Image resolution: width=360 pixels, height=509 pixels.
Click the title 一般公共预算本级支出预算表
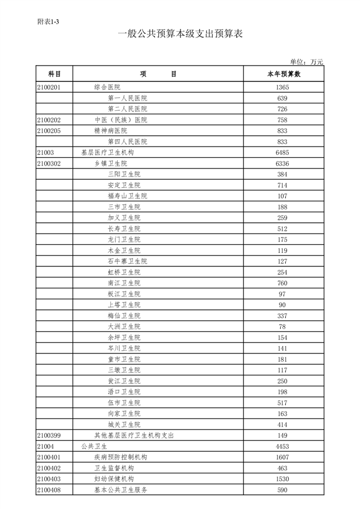coord(180,34)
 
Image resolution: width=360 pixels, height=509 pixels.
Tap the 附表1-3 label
coord(48,21)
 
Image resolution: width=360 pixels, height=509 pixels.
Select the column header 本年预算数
coord(283,74)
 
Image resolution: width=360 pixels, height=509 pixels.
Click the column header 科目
coord(54,74)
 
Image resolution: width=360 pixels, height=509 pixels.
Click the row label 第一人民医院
coord(127,98)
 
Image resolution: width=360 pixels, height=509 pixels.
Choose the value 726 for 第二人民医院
coord(283,109)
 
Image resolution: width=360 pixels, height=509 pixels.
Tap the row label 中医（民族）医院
coord(121,120)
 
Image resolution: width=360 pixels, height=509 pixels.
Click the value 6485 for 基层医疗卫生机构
coord(283,153)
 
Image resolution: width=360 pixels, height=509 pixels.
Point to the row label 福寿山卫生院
coord(127,196)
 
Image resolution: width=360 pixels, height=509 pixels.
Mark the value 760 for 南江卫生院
coord(283,283)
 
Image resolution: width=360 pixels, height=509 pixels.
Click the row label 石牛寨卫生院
coord(127,261)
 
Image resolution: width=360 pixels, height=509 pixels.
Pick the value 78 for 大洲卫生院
coord(283,327)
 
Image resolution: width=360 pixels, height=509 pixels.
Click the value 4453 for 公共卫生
coord(283,446)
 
